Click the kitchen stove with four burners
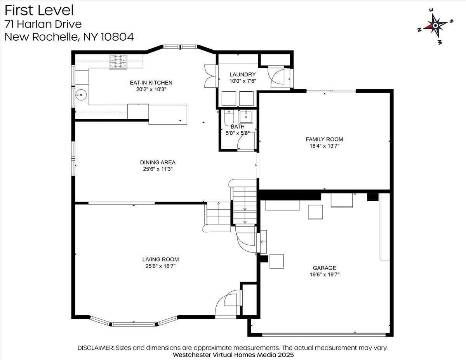click(118, 61)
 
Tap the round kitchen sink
click(81, 94)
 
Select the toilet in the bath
click(229, 118)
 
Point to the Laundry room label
click(243, 75)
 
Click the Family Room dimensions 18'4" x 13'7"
click(324, 146)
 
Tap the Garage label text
click(325, 268)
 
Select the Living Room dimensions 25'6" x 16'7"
click(160, 266)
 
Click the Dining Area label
click(158, 162)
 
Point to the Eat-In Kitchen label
click(151, 83)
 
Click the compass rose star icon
click(436, 26)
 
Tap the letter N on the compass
click(419, 30)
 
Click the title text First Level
click(39, 10)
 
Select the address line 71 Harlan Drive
click(43, 24)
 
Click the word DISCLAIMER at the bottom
click(96, 348)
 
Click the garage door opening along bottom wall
click(324, 334)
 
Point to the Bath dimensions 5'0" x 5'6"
click(238, 133)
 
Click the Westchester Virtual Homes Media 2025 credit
click(233, 355)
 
